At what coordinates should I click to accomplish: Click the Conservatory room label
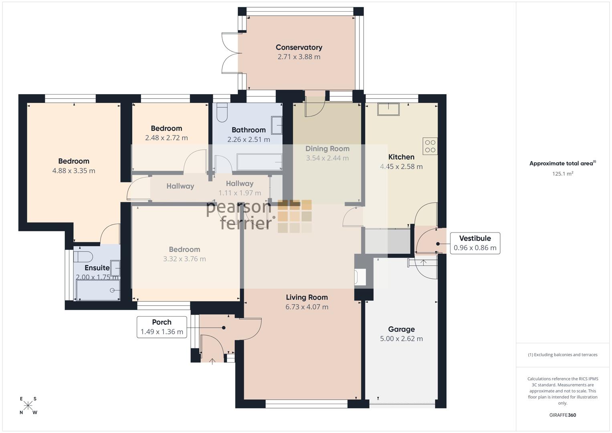click(x=299, y=47)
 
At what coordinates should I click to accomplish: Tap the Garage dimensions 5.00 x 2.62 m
click(x=401, y=339)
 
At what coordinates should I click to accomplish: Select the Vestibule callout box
click(x=475, y=243)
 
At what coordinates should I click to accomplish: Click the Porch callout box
click(x=162, y=327)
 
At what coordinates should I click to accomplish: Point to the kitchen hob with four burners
click(x=430, y=146)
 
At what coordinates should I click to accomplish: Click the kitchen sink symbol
click(x=388, y=109)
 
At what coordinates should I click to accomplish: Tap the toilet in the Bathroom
click(x=222, y=112)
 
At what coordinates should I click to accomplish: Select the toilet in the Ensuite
click(x=83, y=257)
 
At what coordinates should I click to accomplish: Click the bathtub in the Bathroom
click(x=259, y=162)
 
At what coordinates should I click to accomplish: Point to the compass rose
click(x=28, y=406)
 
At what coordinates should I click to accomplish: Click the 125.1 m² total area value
click(x=563, y=174)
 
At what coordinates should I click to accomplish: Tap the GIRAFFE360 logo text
click(x=563, y=415)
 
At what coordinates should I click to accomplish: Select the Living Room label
click(x=307, y=297)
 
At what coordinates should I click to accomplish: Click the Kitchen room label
click(x=401, y=157)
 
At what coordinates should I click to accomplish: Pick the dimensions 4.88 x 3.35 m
click(x=74, y=171)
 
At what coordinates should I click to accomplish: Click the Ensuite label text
click(x=97, y=268)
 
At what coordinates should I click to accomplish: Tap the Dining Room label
click(x=327, y=149)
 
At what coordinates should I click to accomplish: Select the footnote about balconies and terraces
click(x=563, y=355)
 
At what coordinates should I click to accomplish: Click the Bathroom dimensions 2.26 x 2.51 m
click(x=248, y=140)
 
